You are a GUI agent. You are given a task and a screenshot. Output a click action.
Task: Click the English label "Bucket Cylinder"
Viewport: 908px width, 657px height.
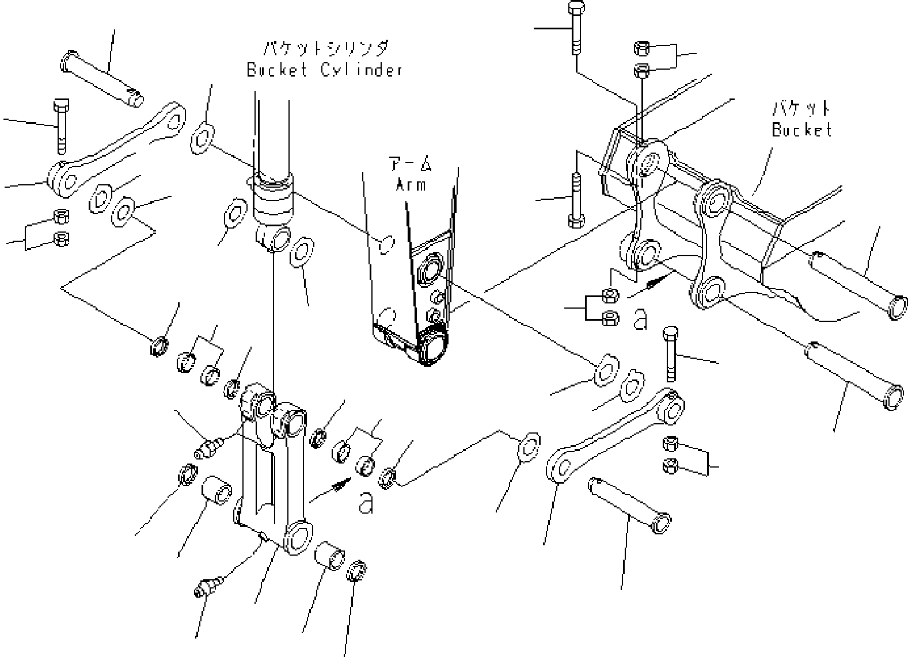point(325,70)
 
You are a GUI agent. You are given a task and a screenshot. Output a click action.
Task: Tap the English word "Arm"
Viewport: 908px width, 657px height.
point(411,185)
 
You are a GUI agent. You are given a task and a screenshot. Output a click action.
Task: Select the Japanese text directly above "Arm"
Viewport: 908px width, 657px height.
point(411,164)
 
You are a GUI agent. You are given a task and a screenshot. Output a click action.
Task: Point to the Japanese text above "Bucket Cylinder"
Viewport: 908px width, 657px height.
point(325,48)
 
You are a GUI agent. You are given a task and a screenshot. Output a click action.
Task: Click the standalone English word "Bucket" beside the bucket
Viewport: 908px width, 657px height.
point(801,130)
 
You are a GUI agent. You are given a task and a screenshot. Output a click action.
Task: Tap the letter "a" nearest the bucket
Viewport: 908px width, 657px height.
point(640,319)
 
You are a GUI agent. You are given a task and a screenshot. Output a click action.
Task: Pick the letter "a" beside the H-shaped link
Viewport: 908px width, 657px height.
point(366,503)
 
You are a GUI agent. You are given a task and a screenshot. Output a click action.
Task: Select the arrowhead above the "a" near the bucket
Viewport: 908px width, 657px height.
point(657,280)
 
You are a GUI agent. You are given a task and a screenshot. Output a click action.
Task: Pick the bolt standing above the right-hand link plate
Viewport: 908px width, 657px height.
point(671,354)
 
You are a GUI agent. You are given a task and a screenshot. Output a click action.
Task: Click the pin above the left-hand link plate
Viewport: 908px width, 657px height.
point(102,79)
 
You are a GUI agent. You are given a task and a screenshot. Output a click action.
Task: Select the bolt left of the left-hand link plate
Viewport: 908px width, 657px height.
point(61,127)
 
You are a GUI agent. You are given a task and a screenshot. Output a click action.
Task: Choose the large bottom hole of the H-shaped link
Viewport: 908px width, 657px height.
point(298,537)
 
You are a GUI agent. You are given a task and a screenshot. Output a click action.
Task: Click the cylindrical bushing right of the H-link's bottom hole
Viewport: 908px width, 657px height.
point(329,556)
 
